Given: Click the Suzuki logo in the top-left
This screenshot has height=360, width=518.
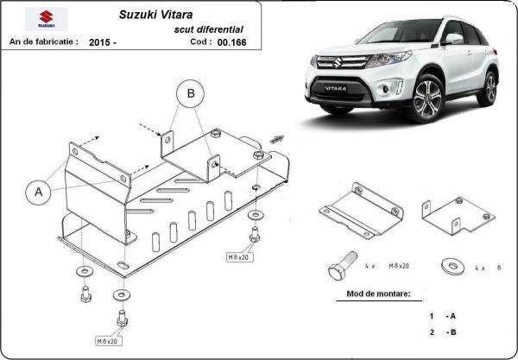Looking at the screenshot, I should point(41,19).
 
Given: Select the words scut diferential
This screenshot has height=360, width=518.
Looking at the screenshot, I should point(209,28).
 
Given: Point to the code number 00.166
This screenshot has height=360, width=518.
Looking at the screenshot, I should point(231,41).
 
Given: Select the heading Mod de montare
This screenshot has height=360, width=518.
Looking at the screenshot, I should point(378,294).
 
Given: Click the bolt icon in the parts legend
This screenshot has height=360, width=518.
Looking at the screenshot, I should point(341,266).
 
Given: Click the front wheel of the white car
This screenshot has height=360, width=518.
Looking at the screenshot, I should point(429,99).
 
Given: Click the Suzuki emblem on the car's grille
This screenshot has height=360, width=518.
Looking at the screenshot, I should point(338,62).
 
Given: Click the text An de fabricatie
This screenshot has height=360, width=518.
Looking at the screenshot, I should point(43,41).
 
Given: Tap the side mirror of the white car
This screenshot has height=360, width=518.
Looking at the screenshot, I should point(452,39).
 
